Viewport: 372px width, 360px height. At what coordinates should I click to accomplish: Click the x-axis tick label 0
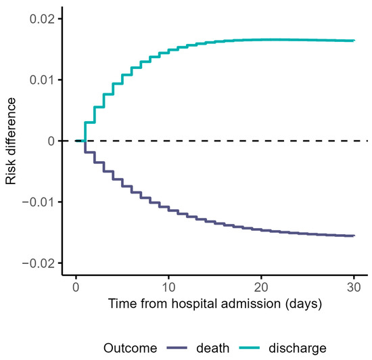click(x=76, y=286)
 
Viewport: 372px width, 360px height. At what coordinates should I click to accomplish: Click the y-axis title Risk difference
click(x=11, y=141)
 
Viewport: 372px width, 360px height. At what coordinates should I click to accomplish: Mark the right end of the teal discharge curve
click(x=354, y=41)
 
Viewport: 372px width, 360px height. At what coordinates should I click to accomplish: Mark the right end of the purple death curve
click(x=354, y=235)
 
